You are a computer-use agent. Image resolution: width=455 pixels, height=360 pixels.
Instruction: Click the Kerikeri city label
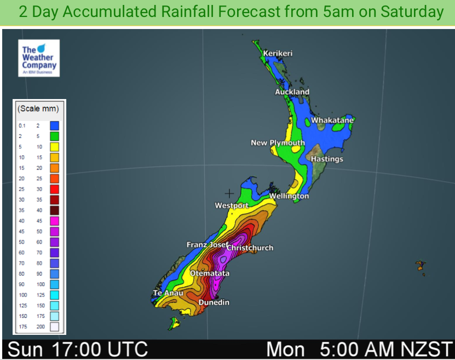pyautogui.click(x=278, y=53)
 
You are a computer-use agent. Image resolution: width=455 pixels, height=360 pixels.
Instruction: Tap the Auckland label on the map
pyautogui.click(x=292, y=92)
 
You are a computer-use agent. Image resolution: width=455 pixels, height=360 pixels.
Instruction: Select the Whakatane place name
pyautogui.click(x=332, y=120)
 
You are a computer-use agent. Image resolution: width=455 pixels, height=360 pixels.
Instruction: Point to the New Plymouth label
pyautogui.click(x=278, y=143)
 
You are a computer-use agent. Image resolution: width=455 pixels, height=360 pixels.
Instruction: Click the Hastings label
pyautogui.click(x=327, y=159)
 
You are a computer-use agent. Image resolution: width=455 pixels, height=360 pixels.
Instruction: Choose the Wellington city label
pyautogui.click(x=289, y=196)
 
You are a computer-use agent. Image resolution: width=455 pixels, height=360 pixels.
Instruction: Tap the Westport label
pyautogui.click(x=231, y=206)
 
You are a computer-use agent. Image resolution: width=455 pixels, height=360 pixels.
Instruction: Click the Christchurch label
pyautogui.click(x=250, y=248)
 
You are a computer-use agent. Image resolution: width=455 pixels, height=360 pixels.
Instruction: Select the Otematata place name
pyautogui.click(x=210, y=273)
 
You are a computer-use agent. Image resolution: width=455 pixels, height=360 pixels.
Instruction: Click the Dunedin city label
pyautogui.click(x=214, y=302)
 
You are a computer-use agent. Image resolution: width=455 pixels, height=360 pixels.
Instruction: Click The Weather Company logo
pyautogui.click(x=38, y=58)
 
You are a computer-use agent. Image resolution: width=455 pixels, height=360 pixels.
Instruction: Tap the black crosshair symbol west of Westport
pyautogui.click(x=229, y=193)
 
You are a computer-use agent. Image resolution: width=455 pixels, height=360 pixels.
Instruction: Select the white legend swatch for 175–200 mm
pyautogui.click(x=55, y=327)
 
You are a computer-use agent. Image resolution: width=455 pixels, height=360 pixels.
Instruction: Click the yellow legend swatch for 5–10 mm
pyautogui.click(x=55, y=147)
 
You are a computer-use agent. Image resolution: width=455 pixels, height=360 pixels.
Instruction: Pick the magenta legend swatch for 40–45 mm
pyautogui.click(x=55, y=220)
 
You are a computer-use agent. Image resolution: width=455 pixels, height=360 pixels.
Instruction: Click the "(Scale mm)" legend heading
pyautogui.click(x=38, y=108)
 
